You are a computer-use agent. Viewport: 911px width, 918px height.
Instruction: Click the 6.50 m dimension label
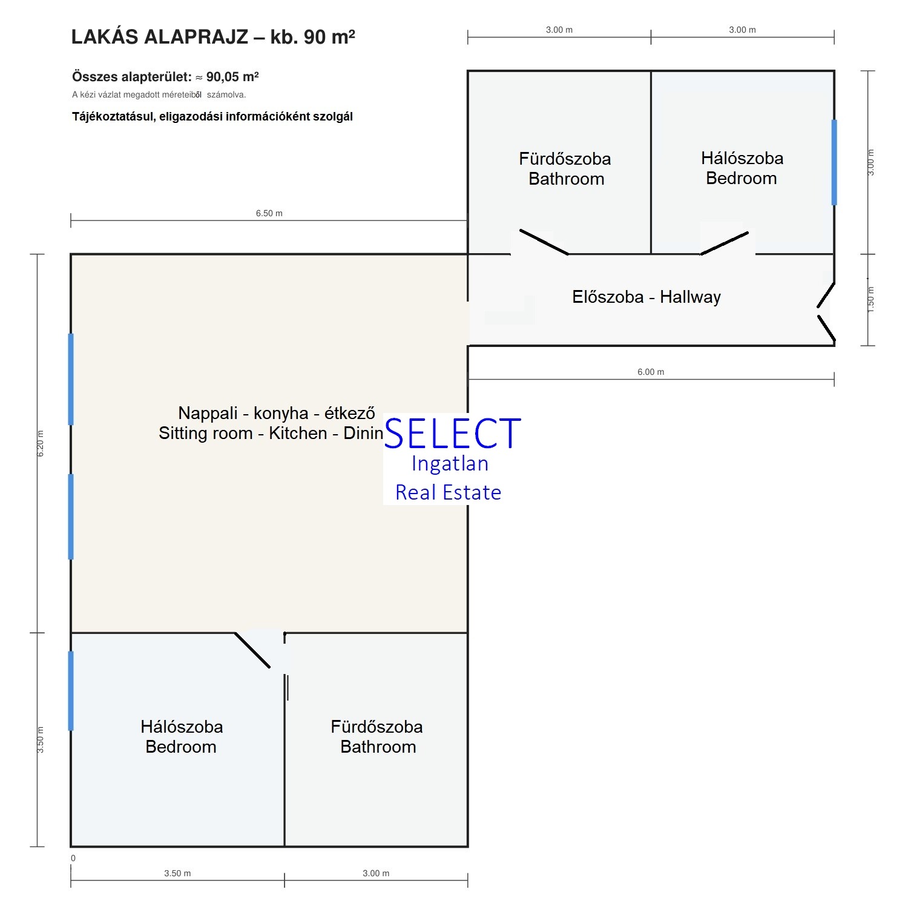pyautogui.click(x=269, y=213)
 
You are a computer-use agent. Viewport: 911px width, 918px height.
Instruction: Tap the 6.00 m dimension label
pyautogui.click(x=651, y=372)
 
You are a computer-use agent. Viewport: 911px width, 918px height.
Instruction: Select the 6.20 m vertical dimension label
pyautogui.click(x=41, y=443)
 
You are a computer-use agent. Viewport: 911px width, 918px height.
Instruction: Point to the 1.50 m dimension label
pyautogui.click(x=871, y=299)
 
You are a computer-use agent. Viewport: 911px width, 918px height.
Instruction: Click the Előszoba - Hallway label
pyautogui.click(x=646, y=297)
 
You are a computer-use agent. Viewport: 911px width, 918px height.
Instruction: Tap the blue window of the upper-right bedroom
pyautogui.click(x=834, y=162)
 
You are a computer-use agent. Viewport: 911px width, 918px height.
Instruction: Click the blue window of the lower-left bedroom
pyautogui.click(x=71, y=690)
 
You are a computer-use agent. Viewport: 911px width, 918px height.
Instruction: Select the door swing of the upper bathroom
pyautogui.click(x=544, y=242)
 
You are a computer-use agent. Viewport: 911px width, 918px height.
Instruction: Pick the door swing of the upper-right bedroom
pyautogui.click(x=725, y=243)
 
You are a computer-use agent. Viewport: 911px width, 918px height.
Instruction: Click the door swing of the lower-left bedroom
pyautogui.click(x=252, y=650)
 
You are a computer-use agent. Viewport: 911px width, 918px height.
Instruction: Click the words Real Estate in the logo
pyautogui.click(x=448, y=492)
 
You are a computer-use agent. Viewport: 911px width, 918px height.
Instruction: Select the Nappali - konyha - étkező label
pyautogui.click(x=277, y=413)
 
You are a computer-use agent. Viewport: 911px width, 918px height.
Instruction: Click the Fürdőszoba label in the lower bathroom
pyautogui.click(x=377, y=727)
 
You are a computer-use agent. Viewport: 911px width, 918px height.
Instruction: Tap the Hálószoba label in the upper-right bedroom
pyautogui.click(x=742, y=158)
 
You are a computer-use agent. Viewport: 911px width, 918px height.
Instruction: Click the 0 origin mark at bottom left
pyautogui.click(x=73, y=858)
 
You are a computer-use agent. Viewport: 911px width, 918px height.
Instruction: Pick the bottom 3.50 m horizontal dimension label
pyautogui.click(x=177, y=873)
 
